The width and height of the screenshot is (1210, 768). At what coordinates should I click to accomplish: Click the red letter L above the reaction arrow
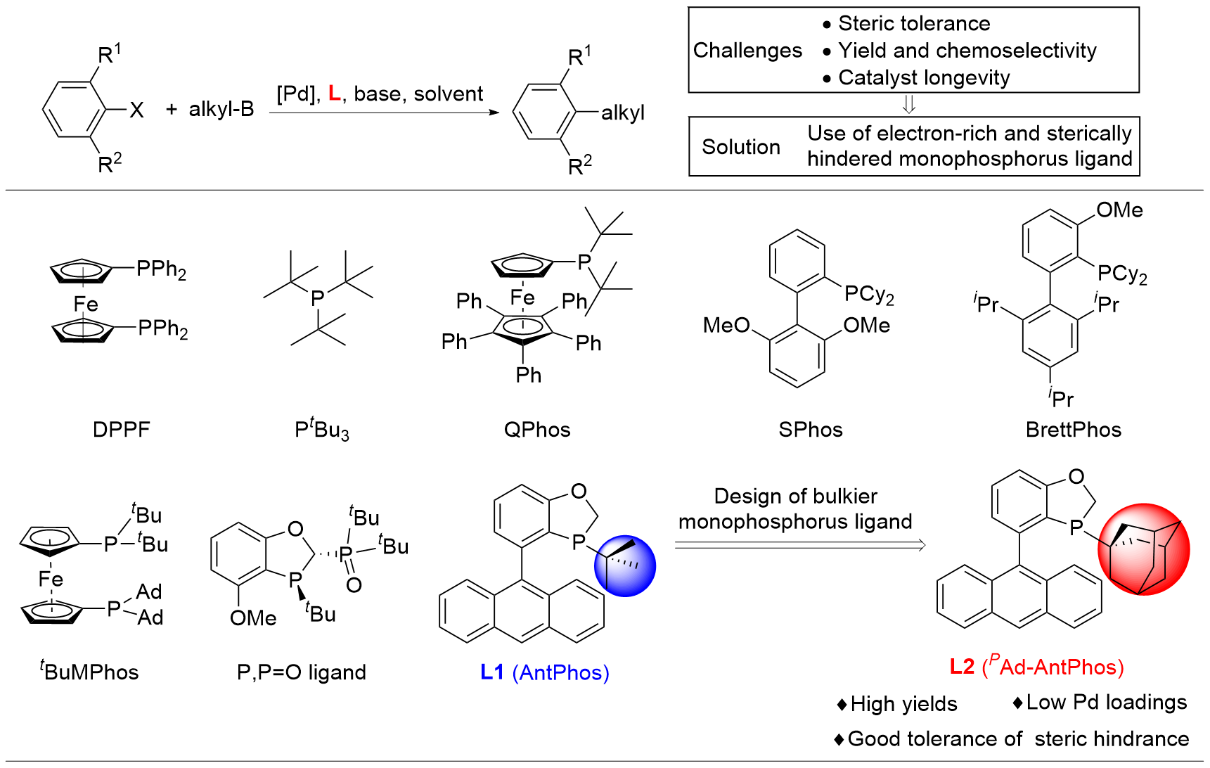[334, 94]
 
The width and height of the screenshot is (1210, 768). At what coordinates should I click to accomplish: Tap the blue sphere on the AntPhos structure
[624, 566]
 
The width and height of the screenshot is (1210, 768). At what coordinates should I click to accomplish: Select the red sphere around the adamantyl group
[1143, 549]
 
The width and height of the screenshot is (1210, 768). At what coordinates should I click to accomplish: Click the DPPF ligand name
[121, 429]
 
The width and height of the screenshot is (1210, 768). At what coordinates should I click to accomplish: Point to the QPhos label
[537, 429]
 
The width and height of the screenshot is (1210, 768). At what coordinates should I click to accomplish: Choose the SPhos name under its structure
[810, 429]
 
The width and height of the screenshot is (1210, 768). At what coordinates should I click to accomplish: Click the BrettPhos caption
[1073, 429]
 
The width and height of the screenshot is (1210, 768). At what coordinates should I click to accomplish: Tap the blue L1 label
[492, 672]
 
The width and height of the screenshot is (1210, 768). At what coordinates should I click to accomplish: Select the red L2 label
[962, 666]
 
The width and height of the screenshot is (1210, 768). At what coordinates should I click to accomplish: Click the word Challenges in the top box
[747, 50]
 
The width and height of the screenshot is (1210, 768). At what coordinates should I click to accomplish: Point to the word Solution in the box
[741, 146]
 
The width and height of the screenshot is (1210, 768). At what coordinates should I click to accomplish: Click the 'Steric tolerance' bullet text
[914, 23]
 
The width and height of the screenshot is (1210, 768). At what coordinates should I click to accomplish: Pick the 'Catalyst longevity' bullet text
[924, 77]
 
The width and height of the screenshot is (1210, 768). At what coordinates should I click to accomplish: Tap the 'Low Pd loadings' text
[1106, 702]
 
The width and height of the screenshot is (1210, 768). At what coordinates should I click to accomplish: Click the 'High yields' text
[903, 703]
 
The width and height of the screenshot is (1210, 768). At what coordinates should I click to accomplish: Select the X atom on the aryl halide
[136, 110]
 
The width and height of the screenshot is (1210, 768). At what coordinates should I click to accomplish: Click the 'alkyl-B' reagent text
[221, 109]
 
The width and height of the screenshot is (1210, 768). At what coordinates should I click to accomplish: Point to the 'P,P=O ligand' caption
[301, 672]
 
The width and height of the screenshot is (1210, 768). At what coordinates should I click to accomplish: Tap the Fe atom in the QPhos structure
[522, 297]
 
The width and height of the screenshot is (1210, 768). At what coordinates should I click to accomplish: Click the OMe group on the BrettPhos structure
[1119, 210]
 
